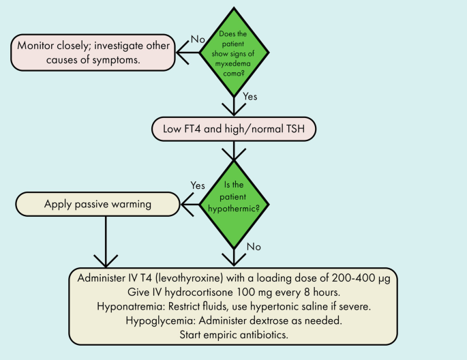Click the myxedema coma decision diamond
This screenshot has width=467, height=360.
click(234, 52)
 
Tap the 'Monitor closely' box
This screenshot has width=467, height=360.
click(90, 52)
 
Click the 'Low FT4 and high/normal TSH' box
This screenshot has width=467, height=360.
click(234, 127)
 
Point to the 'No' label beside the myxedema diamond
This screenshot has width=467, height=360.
click(198, 40)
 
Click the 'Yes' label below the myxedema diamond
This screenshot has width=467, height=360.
click(250, 97)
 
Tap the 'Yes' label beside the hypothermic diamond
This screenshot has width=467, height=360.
click(198, 185)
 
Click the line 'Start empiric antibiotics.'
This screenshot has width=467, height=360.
click(234, 335)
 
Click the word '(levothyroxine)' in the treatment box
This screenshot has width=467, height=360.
click(199, 279)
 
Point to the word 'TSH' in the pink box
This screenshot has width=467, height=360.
click(296, 127)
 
